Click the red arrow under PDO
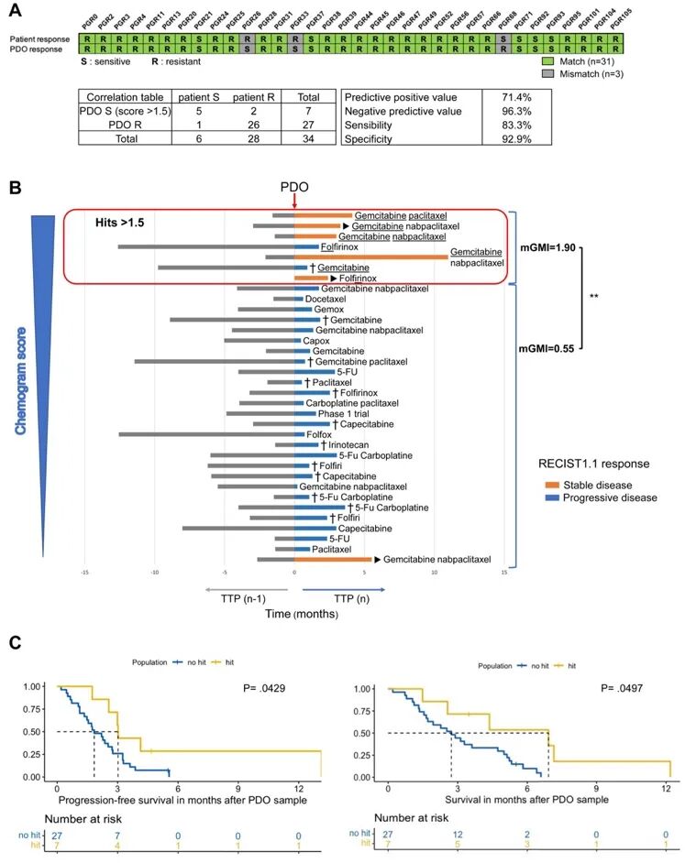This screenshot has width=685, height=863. pos(294,201)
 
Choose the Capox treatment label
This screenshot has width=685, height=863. pos(316,340)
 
